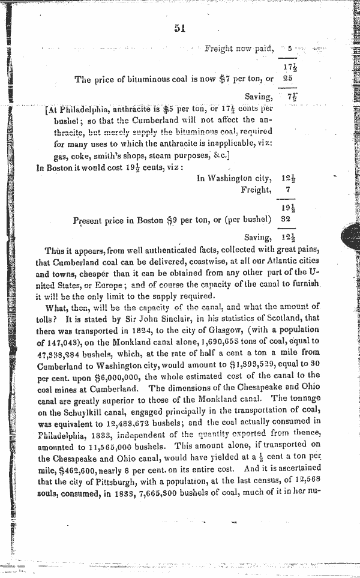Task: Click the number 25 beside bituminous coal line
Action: (288, 79)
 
